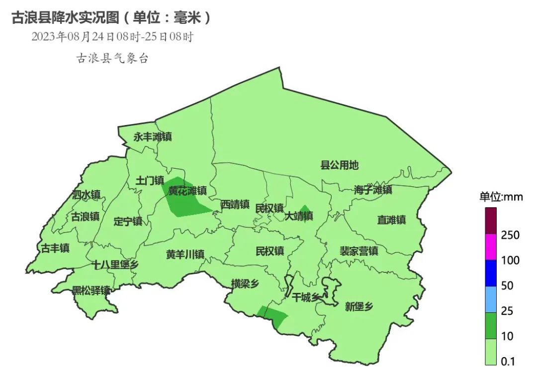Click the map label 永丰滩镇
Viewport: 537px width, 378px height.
(x=152, y=137)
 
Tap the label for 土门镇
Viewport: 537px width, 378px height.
(x=150, y=181)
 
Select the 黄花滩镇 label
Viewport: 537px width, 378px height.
(x=187, y=191)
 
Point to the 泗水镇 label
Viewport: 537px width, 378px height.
(x=86, y=194)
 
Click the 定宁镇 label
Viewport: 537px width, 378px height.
(x=128, y=221)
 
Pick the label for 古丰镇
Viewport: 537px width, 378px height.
(x=55, y=248)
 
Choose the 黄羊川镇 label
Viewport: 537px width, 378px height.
(x=185, y=254)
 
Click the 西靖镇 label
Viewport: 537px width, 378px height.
(x=235, y=204)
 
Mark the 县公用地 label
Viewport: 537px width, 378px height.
(x=339, y=165)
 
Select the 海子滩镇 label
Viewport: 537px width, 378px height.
(x=373, y=190)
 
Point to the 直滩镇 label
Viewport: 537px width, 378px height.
(x=391, y=220)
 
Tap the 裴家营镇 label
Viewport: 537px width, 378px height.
(x=359, y=251)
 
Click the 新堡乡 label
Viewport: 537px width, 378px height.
(x=358, y=307)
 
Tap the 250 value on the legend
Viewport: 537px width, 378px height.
(x=510, y=235)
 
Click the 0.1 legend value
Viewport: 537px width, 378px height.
(x=508, y=362)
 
